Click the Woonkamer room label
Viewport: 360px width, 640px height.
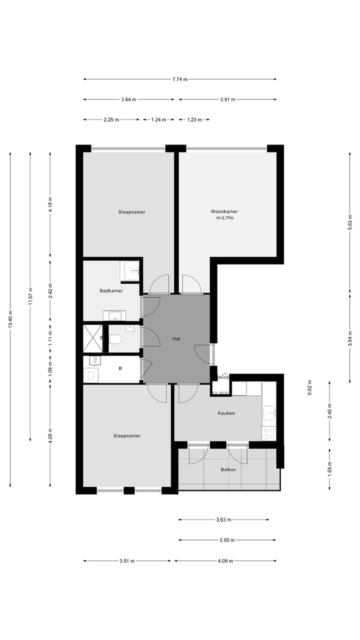point(224,211)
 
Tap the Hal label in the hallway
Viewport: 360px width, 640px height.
point(176,339)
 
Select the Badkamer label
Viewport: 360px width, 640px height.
point(111,290)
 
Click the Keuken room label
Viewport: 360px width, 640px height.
point(226,413)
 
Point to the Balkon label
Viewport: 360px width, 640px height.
point(228,469)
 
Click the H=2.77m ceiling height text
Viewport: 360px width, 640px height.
point(224,218)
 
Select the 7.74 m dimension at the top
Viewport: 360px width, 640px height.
point(179,79)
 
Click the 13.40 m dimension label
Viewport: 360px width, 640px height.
point(10,319)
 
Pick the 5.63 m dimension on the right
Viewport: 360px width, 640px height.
point(350,220)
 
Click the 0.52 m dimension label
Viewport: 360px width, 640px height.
point(309,388)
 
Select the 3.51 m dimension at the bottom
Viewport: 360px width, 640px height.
point(127,561)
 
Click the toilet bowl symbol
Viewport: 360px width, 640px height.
point(115,339)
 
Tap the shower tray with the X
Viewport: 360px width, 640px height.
point(92,338)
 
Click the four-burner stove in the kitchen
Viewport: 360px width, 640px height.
point(268,433)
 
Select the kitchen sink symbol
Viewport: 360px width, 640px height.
point(269,412)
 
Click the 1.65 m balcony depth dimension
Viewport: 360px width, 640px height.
point(329,468)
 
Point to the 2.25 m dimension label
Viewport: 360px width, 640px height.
point(111,119)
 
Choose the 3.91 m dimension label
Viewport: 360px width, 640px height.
point(227,99)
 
